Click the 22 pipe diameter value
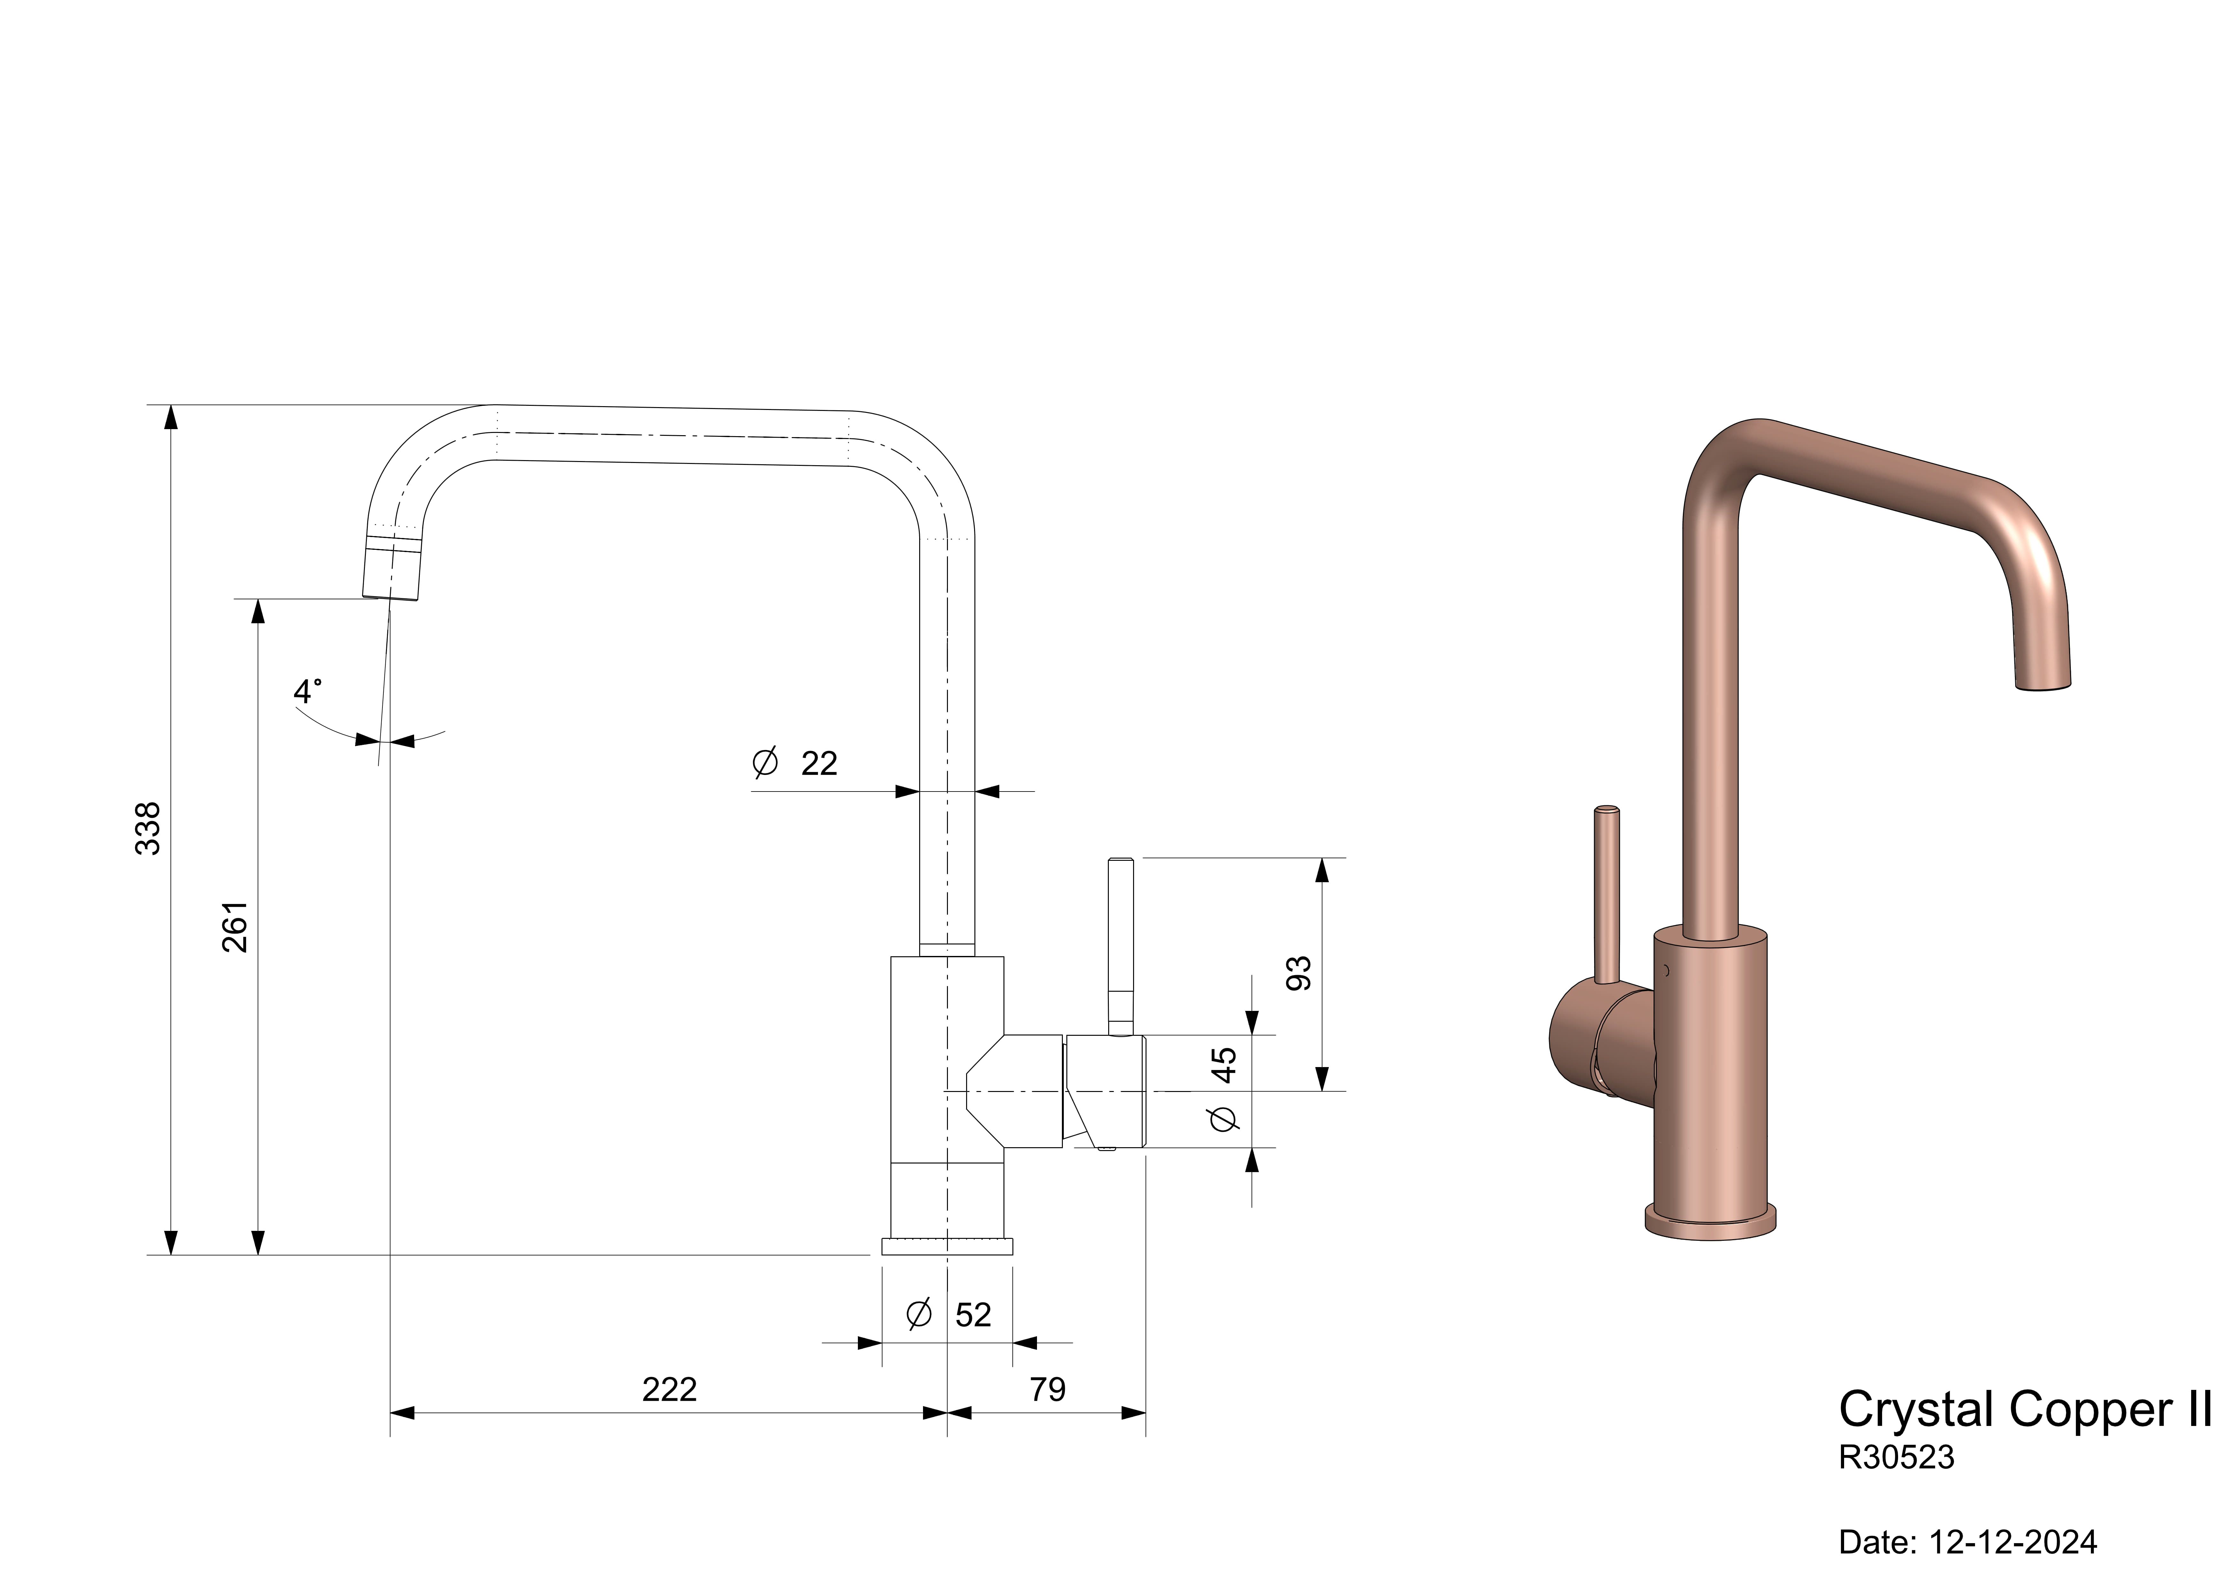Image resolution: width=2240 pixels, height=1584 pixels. coord(820,763)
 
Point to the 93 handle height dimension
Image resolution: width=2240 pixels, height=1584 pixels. coord(1298,973)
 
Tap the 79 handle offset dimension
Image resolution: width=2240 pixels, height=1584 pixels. coord(1048,1389)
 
